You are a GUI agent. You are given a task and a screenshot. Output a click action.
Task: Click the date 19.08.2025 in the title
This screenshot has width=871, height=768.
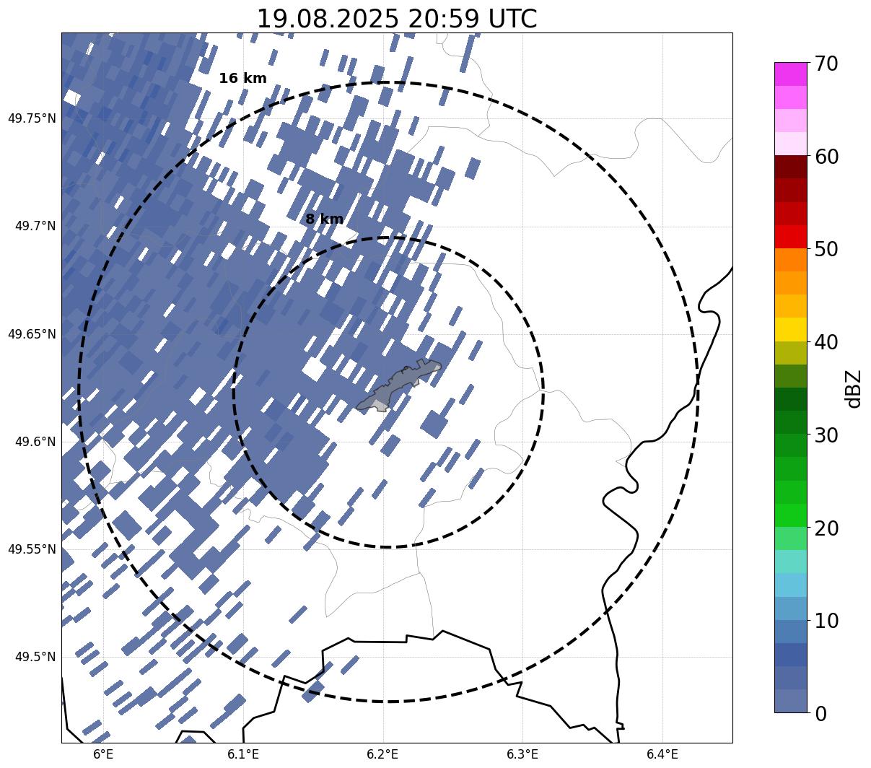[328, 19]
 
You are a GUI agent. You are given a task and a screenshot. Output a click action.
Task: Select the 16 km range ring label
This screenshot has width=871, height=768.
[243, 78]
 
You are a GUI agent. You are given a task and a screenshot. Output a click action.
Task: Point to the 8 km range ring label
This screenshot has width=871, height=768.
[324, 219]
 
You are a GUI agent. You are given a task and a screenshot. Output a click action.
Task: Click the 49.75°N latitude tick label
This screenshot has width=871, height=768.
[32, 118]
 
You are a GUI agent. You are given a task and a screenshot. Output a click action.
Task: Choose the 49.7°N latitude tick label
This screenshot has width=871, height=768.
[35, 226]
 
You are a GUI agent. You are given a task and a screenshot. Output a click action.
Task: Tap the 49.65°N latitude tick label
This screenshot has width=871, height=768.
[32, 334]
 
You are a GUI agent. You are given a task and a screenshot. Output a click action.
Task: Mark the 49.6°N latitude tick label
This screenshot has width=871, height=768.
[35, 442]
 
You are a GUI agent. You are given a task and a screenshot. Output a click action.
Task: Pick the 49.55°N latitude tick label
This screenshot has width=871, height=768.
[32, 549]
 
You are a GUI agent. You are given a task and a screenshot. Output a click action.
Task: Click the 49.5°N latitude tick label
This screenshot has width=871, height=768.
[35, 657]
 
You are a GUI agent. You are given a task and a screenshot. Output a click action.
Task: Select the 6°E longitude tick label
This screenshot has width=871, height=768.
[103, 754]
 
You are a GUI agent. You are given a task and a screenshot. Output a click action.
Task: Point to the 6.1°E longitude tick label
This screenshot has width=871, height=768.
[243, 754]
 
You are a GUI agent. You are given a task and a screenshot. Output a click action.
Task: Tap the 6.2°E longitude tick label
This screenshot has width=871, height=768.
[382, 754]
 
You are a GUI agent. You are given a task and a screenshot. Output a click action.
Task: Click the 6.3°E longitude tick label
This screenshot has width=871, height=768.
[522, 754]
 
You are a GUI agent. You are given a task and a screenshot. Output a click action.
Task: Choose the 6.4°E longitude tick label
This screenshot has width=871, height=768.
[662, 754]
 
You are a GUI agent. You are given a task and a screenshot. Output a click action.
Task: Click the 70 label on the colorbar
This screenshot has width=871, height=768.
[826, 64]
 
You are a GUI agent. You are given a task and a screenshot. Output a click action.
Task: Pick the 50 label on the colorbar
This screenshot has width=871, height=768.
[826, 250]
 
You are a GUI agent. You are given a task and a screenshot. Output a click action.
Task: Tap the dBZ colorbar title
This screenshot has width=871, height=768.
[853, 389]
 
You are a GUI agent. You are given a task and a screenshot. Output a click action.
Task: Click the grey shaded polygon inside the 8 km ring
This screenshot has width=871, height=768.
[398, 385]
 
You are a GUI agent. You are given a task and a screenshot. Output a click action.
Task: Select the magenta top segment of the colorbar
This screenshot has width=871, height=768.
[791, 74]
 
